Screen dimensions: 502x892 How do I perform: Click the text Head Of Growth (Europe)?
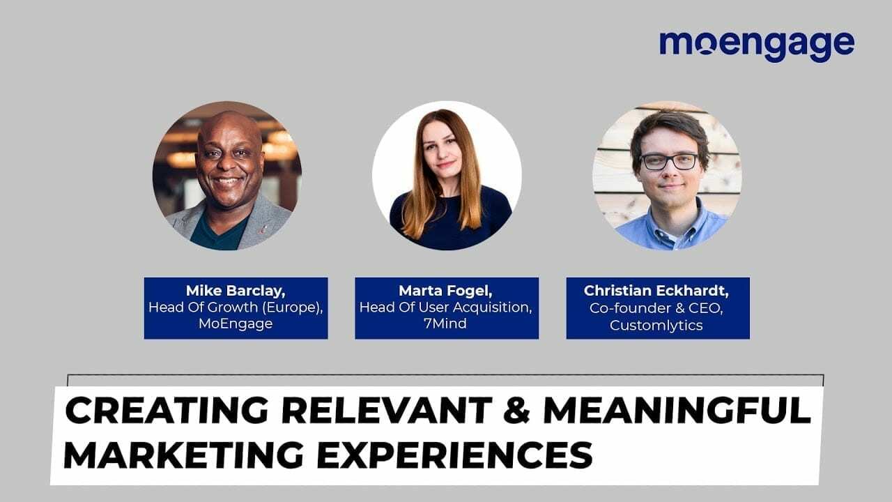tap(236, 307)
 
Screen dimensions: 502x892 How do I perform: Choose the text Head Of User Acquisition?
tap(446, 307)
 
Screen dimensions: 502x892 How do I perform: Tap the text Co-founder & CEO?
tap(656, 307)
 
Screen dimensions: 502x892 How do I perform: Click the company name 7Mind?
tap(446, 325)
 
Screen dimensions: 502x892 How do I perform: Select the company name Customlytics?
tap(656, 325)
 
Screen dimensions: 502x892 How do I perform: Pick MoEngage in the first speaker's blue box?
tap(236, 325)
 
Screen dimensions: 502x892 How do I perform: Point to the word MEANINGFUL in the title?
tap(676, 411)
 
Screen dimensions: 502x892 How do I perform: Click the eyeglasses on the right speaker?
tap(669, 162)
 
